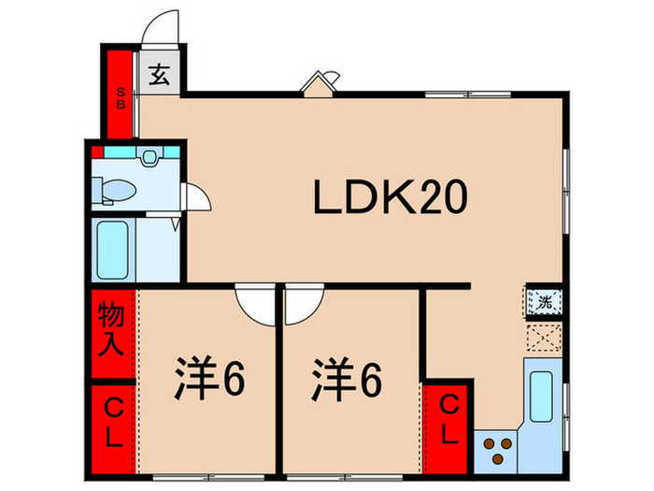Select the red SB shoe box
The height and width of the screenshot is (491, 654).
(121, 94)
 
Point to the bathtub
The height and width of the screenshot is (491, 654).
(113, 248)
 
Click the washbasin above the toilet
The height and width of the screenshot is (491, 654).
(149, 158)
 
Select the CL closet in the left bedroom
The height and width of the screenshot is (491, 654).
(113, 423)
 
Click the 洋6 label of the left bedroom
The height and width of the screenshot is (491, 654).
(208, 378)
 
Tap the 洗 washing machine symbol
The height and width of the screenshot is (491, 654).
(544, 302)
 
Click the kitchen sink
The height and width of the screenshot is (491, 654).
(543, 395)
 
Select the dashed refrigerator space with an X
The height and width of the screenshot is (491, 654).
(543, 337)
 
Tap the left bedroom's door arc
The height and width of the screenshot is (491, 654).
(252, 304)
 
